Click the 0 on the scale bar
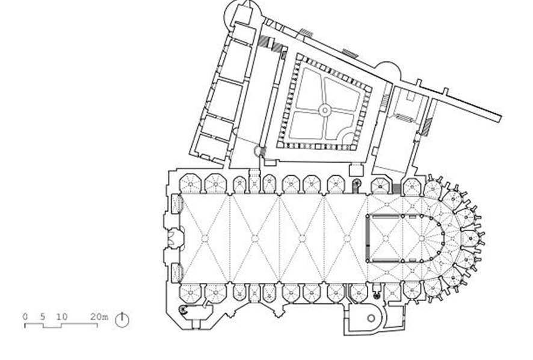[25, 316]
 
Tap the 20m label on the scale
[100, 316]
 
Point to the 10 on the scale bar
[61, 316]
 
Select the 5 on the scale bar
[43, 316]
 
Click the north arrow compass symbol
[122, 319]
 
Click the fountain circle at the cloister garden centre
[325, 110]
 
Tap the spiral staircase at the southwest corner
[183, 309]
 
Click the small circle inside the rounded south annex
[370, 318]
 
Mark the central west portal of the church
[175, 238]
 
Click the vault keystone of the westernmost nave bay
[205, 238]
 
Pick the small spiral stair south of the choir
[377, 295]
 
